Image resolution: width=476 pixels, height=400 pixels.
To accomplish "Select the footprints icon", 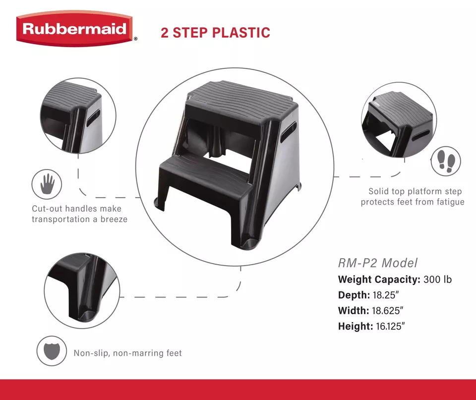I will (x=445, y=162).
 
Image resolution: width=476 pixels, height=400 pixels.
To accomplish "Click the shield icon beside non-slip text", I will (x=51, y=351).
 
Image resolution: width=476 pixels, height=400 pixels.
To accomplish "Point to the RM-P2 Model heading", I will (x=378, y=263).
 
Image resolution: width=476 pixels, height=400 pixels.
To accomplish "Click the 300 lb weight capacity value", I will (x=438, y=280).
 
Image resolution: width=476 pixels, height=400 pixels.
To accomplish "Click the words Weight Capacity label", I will (x=379, y=280).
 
